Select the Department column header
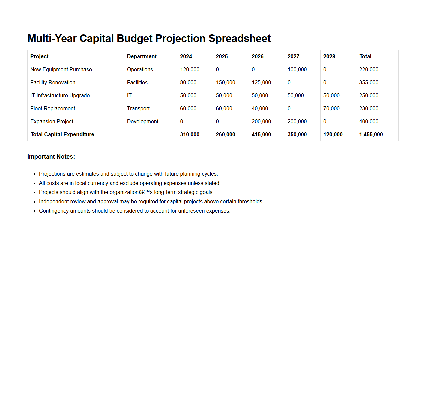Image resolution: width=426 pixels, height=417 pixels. [142, 57]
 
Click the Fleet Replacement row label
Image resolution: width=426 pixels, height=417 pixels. [53, 109]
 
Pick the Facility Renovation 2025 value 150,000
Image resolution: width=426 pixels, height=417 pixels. [225, 83]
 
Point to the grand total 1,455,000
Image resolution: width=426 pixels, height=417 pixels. [371, 135]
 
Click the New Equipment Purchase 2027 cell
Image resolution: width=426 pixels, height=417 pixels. [297, 70]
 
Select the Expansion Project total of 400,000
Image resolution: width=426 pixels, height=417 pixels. [369, 122]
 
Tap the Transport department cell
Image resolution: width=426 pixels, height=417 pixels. [138, 109]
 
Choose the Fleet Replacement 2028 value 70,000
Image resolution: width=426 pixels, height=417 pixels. [331, 109]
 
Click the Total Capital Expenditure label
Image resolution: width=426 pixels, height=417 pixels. [62, 135]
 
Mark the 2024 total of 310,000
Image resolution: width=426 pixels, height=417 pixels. [190, 135]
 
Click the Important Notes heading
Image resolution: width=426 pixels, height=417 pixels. [51, 157]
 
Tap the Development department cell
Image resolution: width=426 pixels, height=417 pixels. [143, 122]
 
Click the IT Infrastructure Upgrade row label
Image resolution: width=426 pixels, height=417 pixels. [60, 96]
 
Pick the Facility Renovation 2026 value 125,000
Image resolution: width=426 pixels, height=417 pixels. [261, 83]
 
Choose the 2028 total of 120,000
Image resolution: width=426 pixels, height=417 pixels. [333, 135]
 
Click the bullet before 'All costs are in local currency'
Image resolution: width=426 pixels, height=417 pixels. [35, 183]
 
